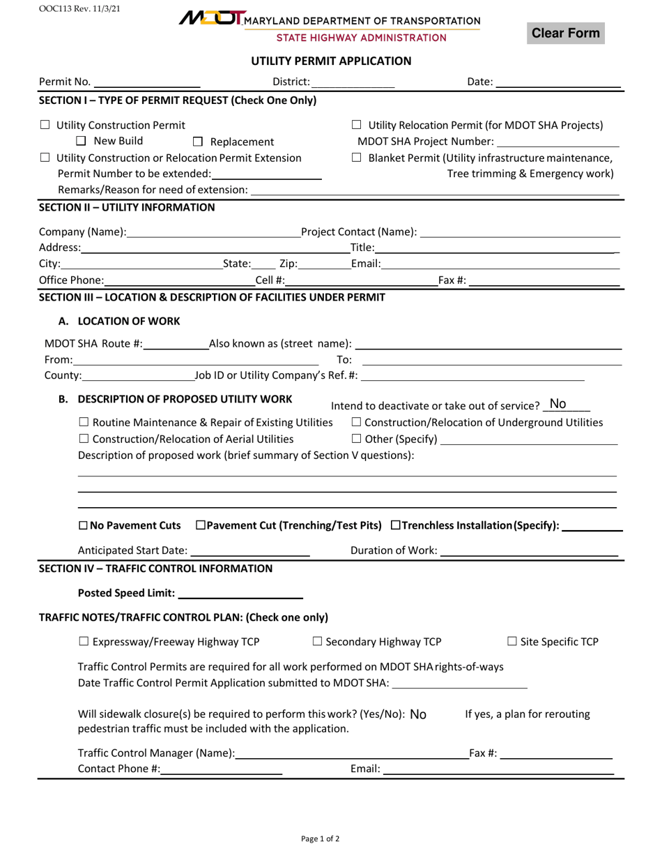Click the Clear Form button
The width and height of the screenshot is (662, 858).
[565, 33]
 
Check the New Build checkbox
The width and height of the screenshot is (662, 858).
[80, 142]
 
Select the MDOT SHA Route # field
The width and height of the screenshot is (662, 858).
[176, 343]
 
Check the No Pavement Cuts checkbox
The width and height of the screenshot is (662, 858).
[83, 525]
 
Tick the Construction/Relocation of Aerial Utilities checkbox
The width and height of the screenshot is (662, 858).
[83, 439]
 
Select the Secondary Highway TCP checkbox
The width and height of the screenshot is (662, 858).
[316, 642]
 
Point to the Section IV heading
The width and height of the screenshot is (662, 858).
[155, 569]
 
